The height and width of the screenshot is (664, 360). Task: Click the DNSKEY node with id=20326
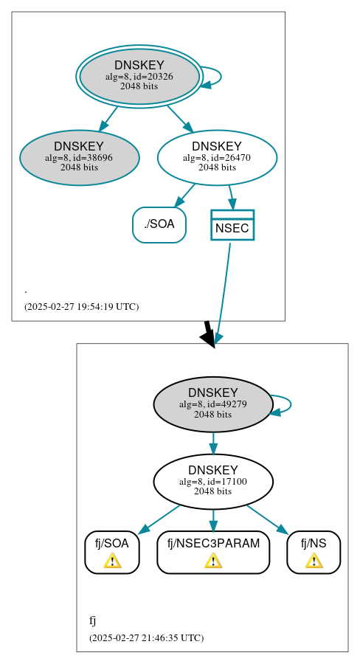click(139, 76)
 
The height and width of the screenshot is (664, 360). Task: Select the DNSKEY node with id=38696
click(79, 157)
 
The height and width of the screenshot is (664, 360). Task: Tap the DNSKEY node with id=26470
click(217, 157)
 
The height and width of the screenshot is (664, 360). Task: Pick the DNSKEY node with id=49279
click(212, 404)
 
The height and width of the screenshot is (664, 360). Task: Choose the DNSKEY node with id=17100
click(212, 481)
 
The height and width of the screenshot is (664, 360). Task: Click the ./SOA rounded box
click(159, 224)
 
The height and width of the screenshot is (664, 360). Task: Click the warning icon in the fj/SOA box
click(112, 561)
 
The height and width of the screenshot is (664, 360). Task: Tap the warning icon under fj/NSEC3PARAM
click(213, 561)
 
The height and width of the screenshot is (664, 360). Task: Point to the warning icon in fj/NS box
click(314, 561)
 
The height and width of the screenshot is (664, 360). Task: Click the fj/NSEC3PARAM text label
click(213, 544)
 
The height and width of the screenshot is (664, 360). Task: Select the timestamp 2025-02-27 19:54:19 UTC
click(81, 306)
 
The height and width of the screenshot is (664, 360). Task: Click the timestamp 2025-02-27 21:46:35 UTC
click(146, 637)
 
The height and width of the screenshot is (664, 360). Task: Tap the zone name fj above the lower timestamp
click(93, 620)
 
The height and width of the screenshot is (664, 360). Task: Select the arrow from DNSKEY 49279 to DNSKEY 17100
click(213, 443)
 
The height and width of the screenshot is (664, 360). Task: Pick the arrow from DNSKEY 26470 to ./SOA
click(184, 196)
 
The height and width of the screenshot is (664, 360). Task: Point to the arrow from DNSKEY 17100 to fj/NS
click(268, 519)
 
